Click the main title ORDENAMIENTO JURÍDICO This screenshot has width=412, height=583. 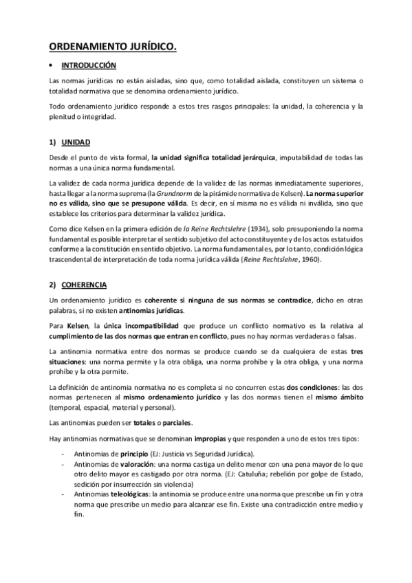112,47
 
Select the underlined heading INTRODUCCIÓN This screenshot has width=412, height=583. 89,66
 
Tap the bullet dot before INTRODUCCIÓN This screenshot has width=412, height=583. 51,66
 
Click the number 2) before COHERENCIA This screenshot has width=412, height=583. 53,265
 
